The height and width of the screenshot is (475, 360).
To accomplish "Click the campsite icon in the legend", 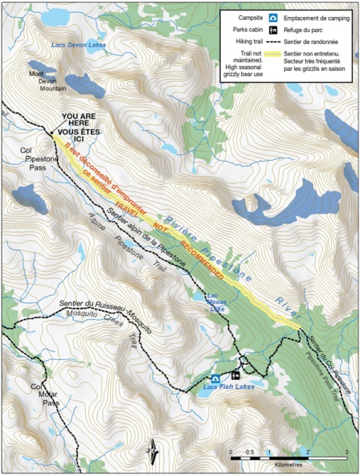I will tap(273, 17).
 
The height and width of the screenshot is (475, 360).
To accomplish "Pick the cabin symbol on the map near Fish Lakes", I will tap(235, 375).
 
